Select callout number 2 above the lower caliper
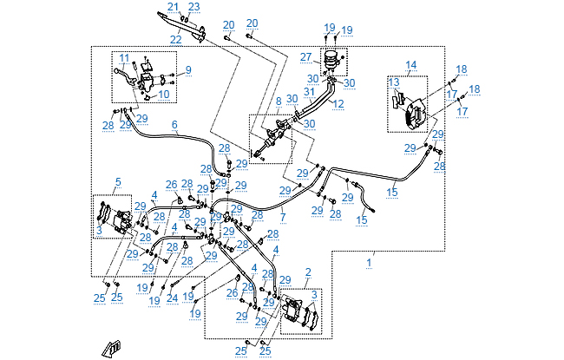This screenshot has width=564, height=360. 307,272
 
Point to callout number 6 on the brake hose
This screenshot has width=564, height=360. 174,124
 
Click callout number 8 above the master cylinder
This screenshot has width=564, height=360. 278,101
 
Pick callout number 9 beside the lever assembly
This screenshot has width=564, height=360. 187,69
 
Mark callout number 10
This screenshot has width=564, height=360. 164,95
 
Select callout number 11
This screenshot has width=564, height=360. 124,58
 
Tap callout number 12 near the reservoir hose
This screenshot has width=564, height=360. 338,104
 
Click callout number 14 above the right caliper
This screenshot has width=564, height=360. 410,65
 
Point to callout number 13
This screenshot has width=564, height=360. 395,82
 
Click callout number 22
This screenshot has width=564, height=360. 176,39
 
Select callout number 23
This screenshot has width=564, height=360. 193,7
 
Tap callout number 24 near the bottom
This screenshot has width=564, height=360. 172,298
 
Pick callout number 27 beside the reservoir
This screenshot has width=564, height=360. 305,57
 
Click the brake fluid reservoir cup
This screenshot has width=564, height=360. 331,59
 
